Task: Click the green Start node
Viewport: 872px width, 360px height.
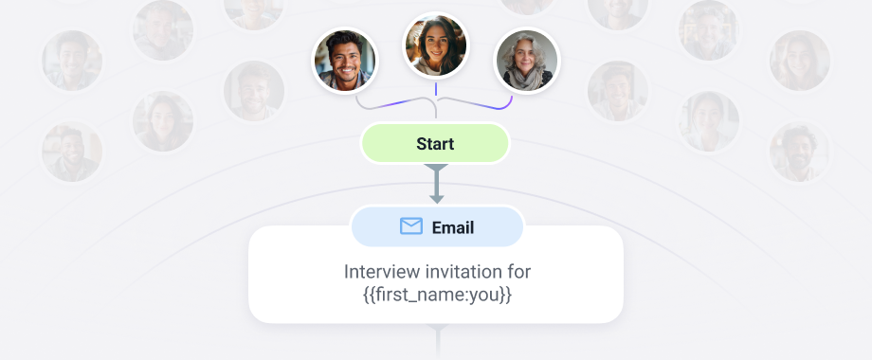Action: [x=435, y=144]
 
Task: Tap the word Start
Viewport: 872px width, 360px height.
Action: [x=435, y=144]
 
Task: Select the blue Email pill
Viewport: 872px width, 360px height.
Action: [x=436, y=227]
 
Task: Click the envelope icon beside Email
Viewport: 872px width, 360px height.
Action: [x=410, y=226]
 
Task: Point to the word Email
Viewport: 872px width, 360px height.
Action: [x=453, y=227]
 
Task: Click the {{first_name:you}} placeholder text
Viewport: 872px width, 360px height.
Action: [x=436, y=295]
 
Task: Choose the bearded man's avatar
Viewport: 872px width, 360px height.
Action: [x=345, y=60]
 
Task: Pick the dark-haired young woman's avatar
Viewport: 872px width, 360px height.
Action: [x=435, y=45]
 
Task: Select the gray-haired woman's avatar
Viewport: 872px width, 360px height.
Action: [x=527, y=61]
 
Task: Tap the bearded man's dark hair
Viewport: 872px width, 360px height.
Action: [x=344, y=40]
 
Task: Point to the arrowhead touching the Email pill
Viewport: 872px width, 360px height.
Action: [x=436, y=198]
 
